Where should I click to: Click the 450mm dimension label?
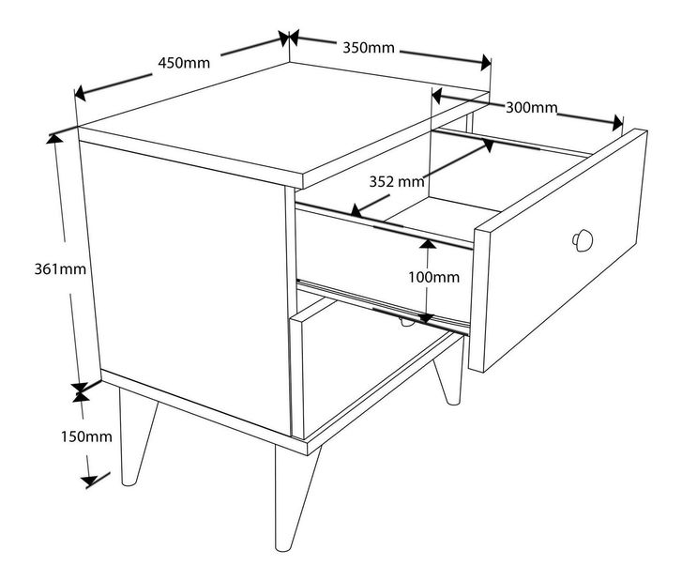click(184, 63)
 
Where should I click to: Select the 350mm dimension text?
click(369, 48)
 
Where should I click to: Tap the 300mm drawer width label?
click(531, 108)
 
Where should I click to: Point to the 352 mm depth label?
click(397, 181)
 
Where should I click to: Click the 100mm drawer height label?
click(433, 277)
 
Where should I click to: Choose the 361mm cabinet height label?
click(60, 269)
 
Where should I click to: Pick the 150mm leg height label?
click(86, 436)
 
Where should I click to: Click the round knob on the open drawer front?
click(582, 240)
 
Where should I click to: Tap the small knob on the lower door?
click(405, 323)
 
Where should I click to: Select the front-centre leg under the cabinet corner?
click(293, 497)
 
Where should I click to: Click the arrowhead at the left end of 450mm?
click(80, 93)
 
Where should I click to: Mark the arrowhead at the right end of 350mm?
click(486, 63)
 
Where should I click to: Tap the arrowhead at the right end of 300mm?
click(617, 123)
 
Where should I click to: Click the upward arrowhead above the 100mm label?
click(428, 244)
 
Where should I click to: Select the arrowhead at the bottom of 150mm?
click(90, 481)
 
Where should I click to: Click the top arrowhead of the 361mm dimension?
click(54, 138)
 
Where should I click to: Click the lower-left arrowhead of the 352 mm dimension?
click(356, 211)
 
